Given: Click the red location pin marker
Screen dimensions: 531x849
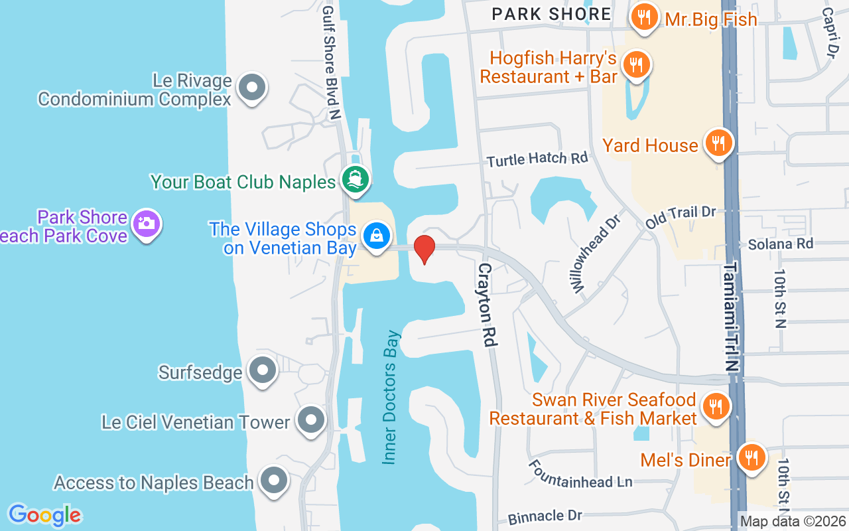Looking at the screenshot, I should (424, 248).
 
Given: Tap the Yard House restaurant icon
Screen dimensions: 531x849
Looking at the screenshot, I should (717, 143).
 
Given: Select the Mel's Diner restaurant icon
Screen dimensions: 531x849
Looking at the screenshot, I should (751, 458).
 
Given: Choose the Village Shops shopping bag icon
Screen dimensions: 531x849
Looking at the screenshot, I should (377, 236).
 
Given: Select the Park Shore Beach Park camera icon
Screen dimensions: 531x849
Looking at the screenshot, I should (146, 224).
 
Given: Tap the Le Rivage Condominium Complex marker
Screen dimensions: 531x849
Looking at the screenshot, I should (251, 88).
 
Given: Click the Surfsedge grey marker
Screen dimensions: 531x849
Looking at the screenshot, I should (262, 370).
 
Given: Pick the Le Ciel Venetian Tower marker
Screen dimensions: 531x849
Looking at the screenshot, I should (310, 420).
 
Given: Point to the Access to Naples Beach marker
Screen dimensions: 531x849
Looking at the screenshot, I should (273, 481).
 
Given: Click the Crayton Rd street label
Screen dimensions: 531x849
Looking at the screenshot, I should (487, 305).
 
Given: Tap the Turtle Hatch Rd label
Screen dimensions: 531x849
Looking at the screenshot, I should (537, 159).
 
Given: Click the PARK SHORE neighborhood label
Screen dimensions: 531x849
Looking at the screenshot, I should (552, 14).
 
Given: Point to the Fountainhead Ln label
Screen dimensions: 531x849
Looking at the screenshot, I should (580, 474).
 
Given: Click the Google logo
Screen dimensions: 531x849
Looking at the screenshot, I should (44, 515).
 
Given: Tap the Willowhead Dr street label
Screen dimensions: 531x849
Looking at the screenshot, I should (595, 253).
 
